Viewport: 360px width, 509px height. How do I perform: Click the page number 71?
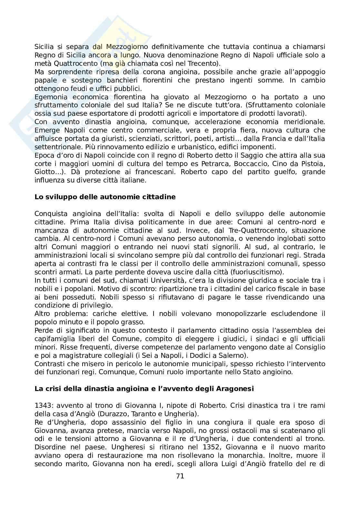click(x=180, y=476)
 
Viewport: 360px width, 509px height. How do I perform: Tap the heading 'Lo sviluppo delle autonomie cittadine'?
click(x=105, y=197)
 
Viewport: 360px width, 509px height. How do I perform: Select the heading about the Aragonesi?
click(x=144, y=388)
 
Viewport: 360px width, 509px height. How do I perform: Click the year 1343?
click(x=43, y=405)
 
